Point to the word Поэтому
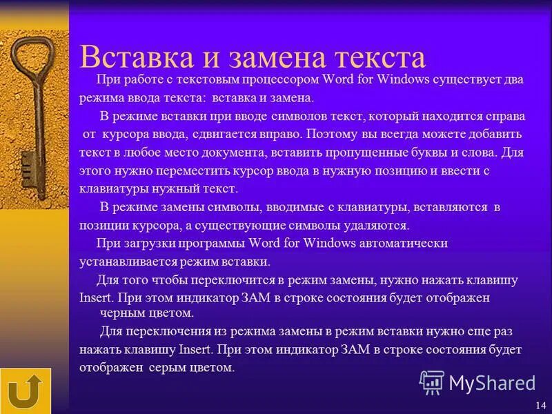[332, 133]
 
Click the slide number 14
[540, 404]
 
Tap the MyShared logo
[477, 382]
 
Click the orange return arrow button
[26, 391]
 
